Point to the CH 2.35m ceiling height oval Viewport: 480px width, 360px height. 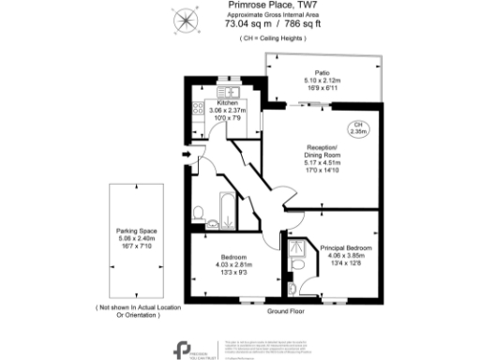pyautogui.click(x=357, y=129)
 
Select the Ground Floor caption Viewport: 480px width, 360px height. pyautogui.click(x=286, y=310)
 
